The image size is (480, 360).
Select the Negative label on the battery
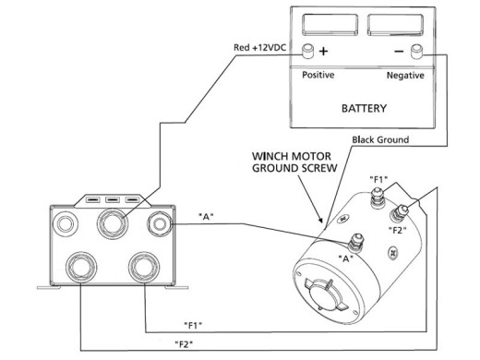(405, 74)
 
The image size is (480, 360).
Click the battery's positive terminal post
(309, 51)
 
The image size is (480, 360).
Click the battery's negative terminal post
(417, 51)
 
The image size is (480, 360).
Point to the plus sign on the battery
(324, 52)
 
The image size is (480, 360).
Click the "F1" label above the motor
(379, 177)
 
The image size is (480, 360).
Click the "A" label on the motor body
(349, 260)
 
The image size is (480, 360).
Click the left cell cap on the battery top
(327, 22)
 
